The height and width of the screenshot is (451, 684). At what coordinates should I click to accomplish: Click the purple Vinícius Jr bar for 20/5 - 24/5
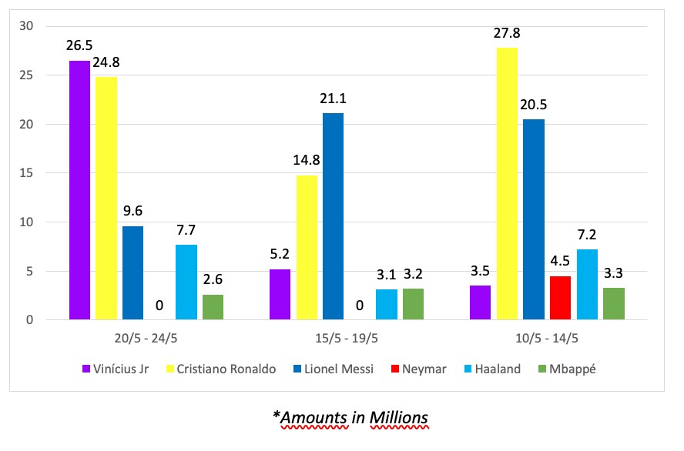coord(79,190)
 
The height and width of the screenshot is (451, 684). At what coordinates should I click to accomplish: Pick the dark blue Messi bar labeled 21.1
coord(333,216)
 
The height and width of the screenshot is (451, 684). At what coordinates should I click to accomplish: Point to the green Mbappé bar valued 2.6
coord(213,306)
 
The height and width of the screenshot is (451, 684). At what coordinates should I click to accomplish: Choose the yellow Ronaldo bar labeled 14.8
coord(307,247)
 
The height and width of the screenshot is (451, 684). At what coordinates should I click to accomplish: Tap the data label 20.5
coord(534,107)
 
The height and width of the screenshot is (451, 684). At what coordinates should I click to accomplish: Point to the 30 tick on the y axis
coord(28,26)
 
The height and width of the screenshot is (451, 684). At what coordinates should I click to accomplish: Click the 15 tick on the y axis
coord(28,173)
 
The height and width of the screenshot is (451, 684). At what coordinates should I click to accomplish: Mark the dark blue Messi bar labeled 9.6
coord(132,272)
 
